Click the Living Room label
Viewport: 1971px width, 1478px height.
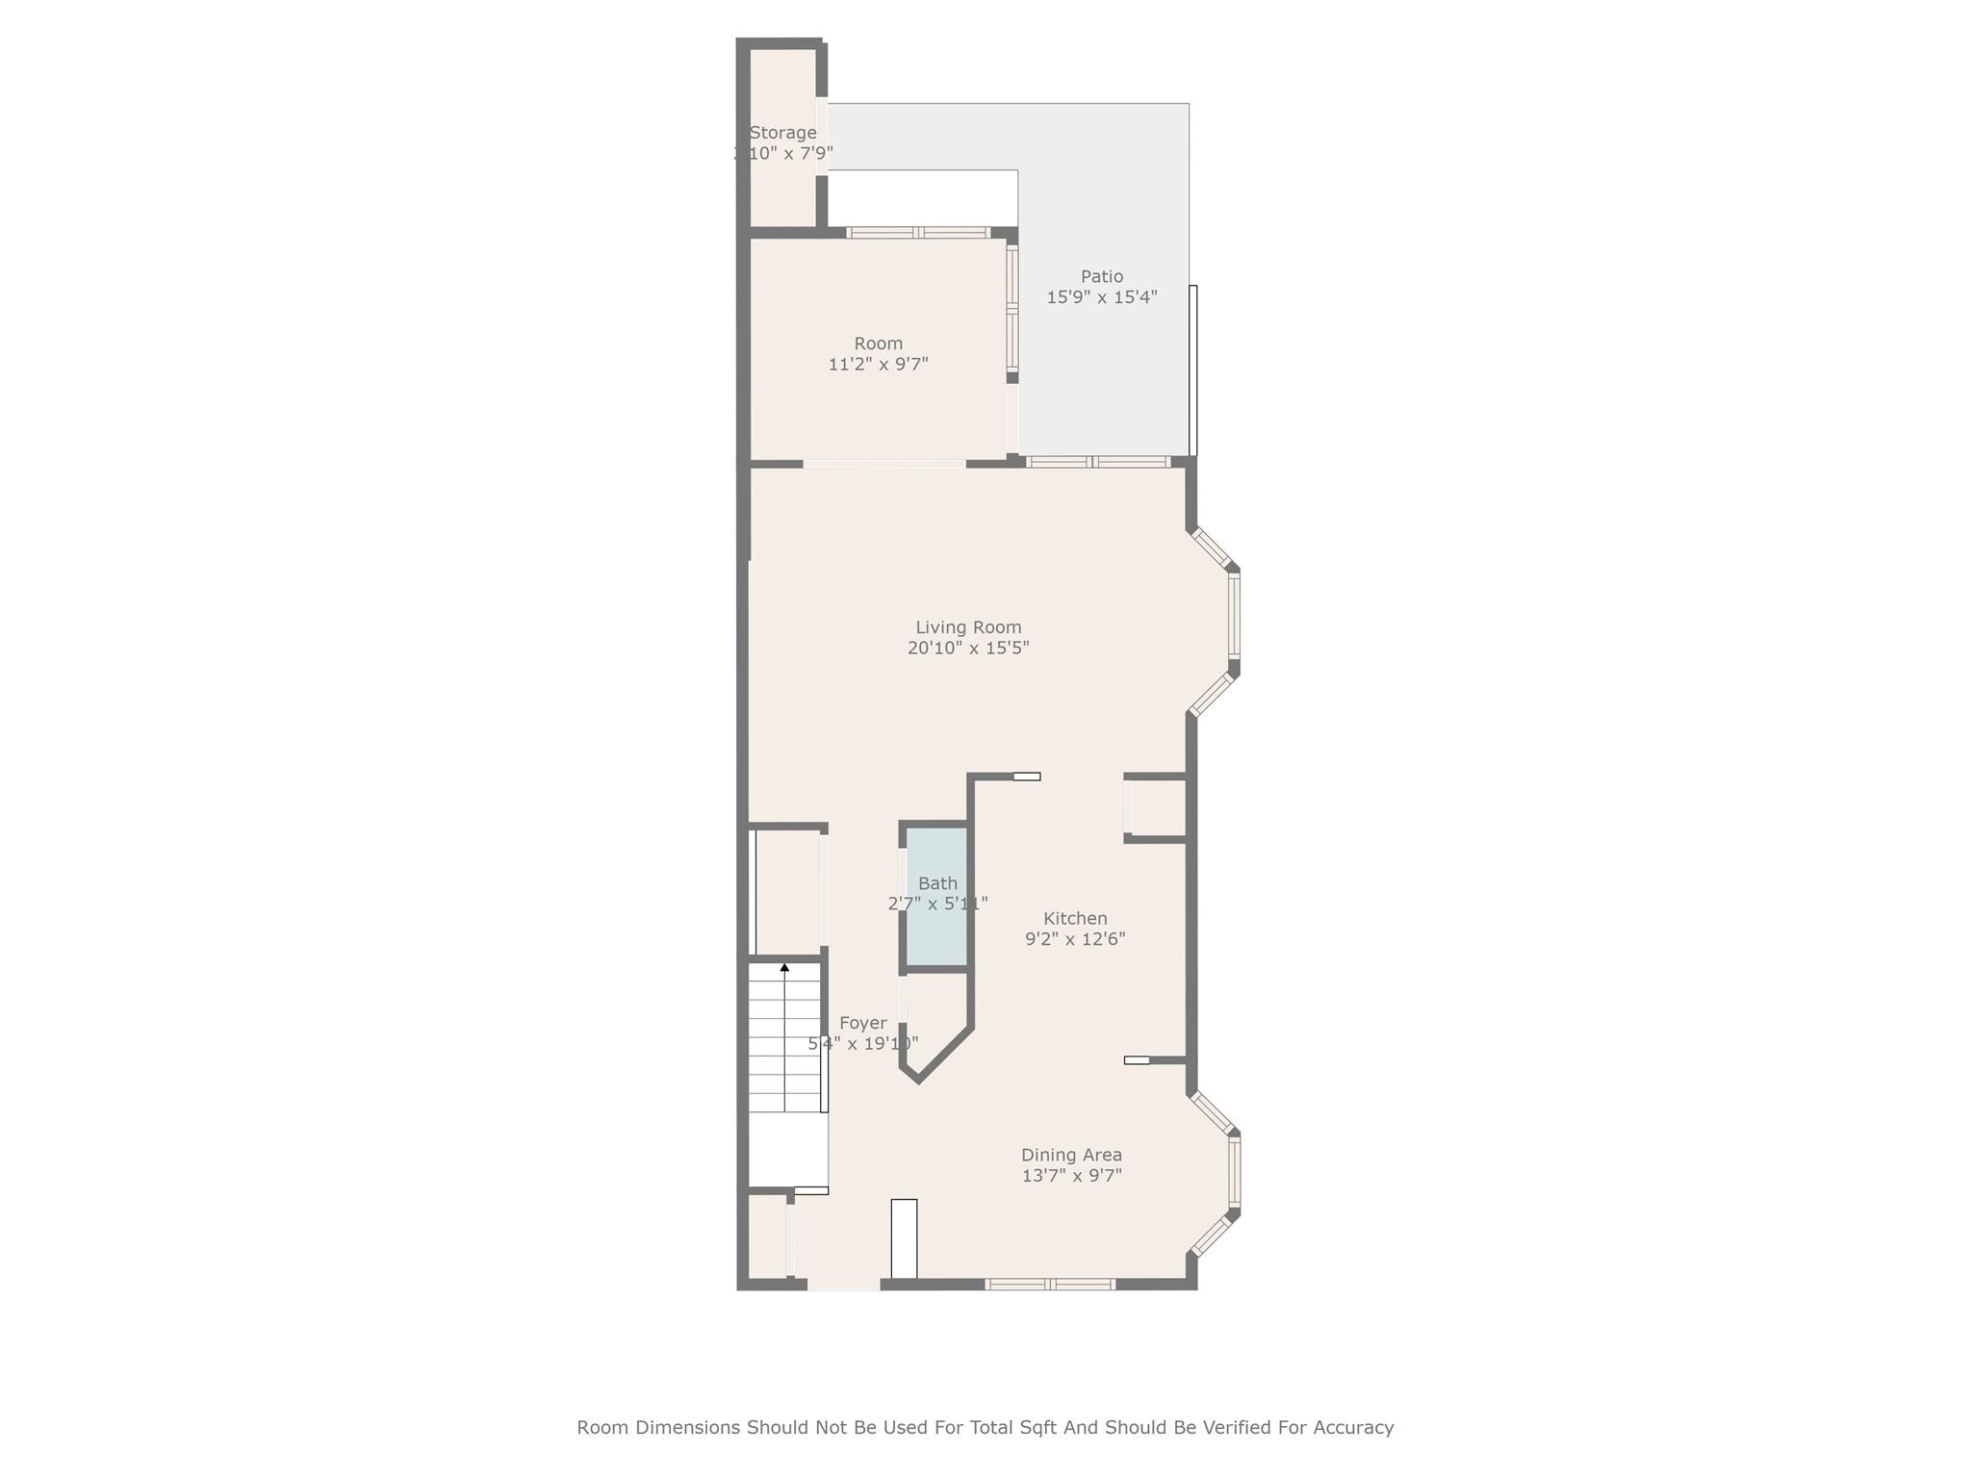[x=968, y=627]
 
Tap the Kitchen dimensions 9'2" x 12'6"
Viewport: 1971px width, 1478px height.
[x=1075, y=939]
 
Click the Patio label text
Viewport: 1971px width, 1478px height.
[x=1101, y=276]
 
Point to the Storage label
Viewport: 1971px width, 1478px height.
[x=782, y=133]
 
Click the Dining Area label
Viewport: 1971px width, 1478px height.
[x=1071, y=1155]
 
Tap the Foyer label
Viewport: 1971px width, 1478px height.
[x=862, y=1023]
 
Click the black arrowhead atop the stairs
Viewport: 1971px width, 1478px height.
[x=784, y=967]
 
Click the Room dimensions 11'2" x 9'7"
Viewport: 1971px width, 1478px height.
[x=878, y=365]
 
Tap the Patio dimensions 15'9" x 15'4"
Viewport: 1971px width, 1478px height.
[x=1101, y=297]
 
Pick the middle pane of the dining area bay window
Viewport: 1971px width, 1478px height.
[x=1235, y=1171]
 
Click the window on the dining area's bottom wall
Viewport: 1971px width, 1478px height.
[x=1050, y=1284]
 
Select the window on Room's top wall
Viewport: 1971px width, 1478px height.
[x=918, y=232]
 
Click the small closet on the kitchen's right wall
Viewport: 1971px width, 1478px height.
[x=1156, y=808]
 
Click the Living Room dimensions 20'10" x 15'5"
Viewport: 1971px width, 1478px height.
[x=968, y=649]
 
